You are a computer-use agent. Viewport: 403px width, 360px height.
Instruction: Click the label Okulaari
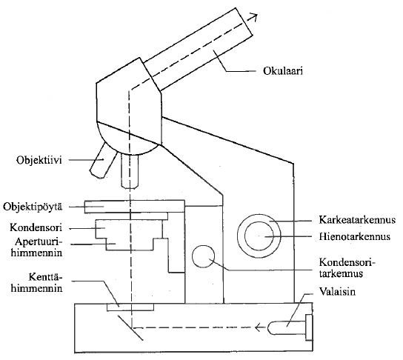coord(282,70)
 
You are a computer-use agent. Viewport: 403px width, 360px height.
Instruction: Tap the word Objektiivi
coord(39,160)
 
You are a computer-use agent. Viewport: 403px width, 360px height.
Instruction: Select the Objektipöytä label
coord(33,207)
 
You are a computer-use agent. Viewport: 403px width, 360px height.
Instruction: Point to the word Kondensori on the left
coord(36,227)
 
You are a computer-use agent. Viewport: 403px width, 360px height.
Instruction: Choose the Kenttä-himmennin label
coord(36,283)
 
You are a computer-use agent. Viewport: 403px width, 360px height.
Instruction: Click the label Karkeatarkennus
coord(357,220)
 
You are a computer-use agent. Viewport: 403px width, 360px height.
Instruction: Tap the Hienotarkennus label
coord(355,236)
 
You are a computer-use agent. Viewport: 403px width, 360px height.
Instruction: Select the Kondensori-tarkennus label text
coord(347,267)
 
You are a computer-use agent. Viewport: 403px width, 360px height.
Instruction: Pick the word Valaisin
coord(337,291)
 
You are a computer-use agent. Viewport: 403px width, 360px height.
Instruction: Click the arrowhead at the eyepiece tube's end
coord(253,17)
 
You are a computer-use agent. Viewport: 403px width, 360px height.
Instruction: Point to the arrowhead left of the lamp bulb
coord(259,327)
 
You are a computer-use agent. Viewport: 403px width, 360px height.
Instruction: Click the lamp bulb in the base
coord(287,327)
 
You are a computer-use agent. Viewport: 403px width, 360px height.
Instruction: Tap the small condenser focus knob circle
coord(203,256)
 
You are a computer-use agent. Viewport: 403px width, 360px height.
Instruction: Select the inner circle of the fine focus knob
coord(259,236)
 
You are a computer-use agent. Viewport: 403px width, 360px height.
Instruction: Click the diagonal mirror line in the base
coord(130,328)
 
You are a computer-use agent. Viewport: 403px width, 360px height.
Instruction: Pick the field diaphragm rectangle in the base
coord(130,307)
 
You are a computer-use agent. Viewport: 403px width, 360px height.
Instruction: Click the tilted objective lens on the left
coord(103,160)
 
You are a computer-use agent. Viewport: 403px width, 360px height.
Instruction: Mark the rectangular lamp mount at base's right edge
coord(309,327)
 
